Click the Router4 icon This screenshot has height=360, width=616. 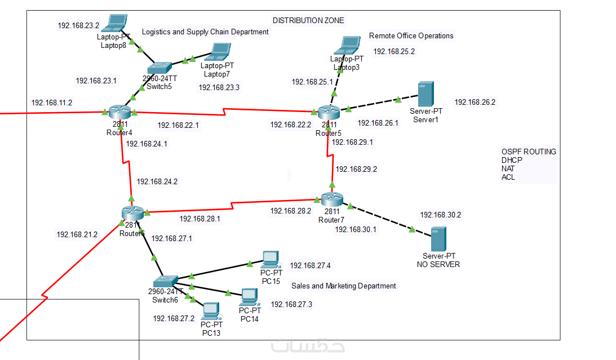click(x=118, y=111)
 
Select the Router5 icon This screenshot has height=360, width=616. click(x=329, y=111)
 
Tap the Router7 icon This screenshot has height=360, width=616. click(x=332, y=198)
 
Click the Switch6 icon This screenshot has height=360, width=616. click(x=165, y=280)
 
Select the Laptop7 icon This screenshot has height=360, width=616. click(x=217, y=53)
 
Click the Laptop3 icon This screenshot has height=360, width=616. click(x=350, y=45)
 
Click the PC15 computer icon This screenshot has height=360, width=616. click(x=271, y=260)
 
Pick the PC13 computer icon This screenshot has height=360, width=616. click(x=211, y=310)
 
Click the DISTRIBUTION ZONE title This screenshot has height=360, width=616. click(x=308, y=20)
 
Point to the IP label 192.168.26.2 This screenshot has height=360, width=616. click(x=475, y=102)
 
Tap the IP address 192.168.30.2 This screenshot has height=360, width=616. click(x=440, y=215)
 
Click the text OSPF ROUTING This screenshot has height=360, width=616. click(x=529, y=152)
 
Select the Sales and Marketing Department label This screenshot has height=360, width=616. click(x=343, y=286)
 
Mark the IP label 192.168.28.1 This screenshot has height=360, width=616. click(x=200, y=219)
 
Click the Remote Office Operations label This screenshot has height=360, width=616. click(x=411, y=35)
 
